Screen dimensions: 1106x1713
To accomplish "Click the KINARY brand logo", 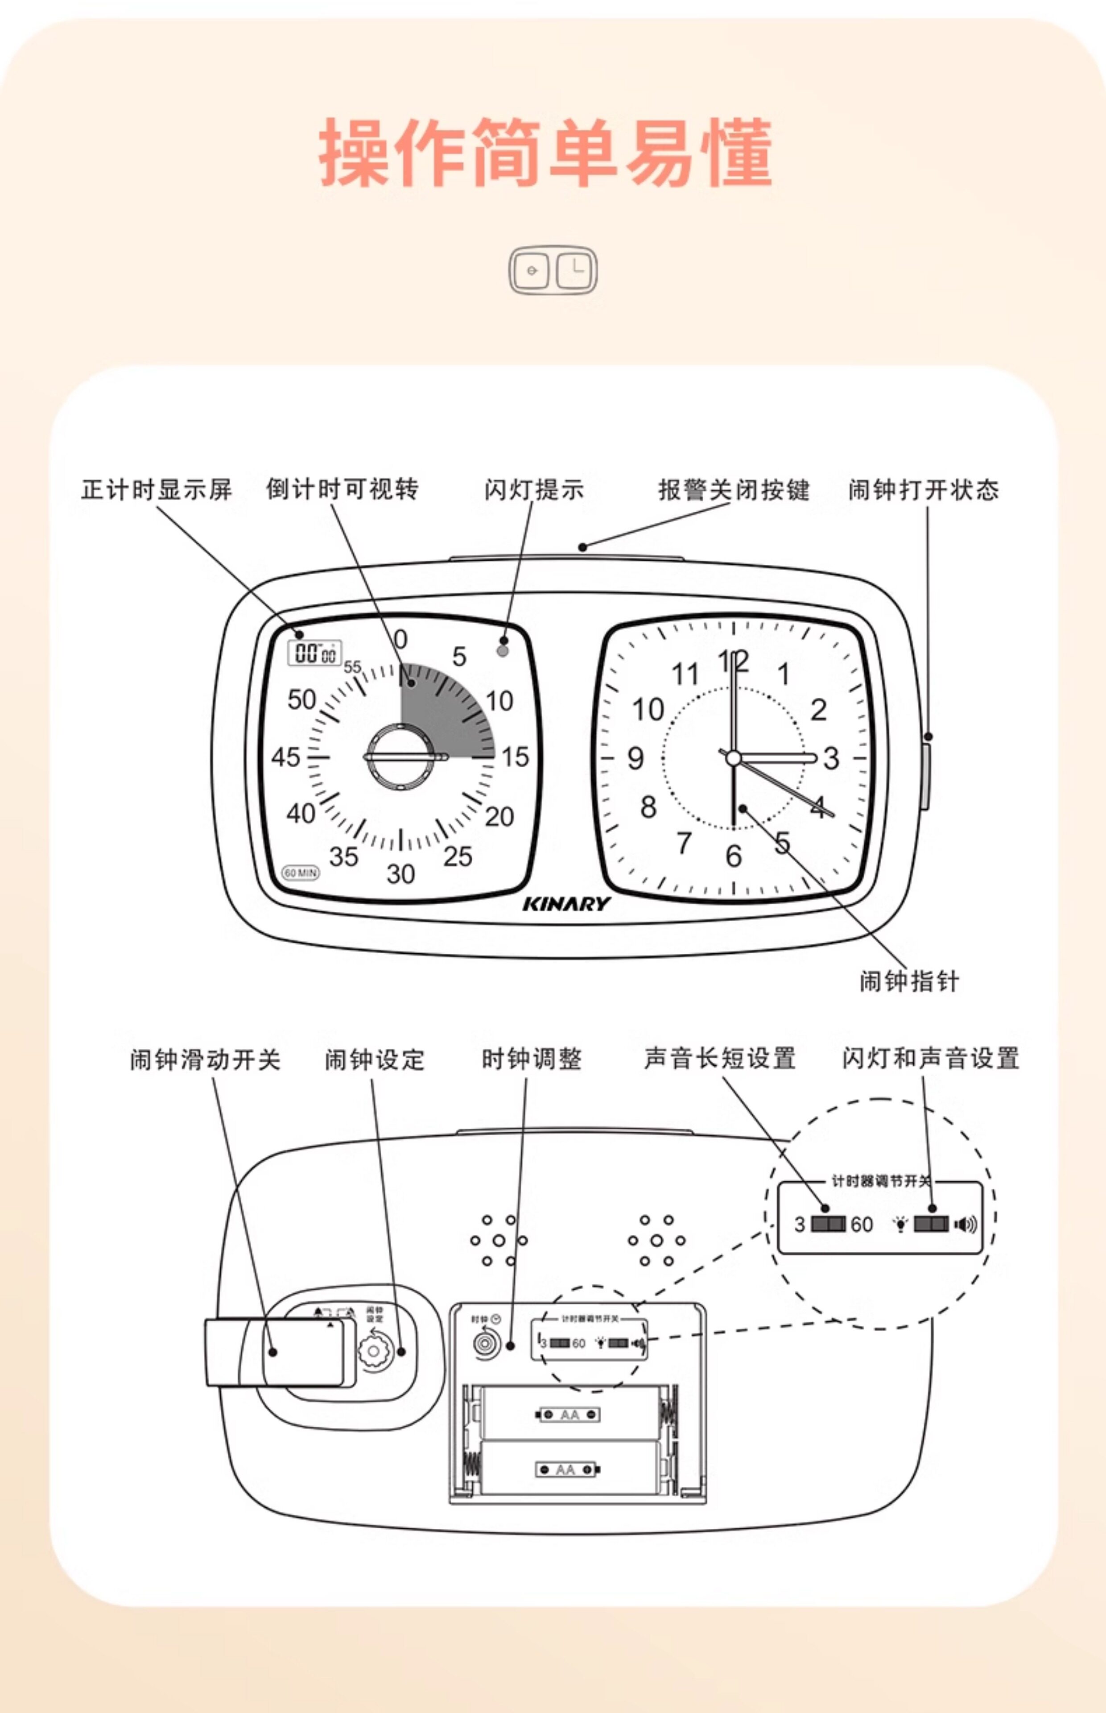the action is (567, 903).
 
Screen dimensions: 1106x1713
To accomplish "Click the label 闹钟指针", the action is (909, 981).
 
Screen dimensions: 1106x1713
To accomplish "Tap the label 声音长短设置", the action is (720, 1059).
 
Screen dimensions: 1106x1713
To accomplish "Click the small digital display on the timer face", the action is (314, 653).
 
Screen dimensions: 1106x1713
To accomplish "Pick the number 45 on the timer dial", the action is (286, 757).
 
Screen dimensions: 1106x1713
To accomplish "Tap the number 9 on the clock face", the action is (636, 758).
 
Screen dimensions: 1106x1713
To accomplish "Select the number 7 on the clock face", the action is (684, 843).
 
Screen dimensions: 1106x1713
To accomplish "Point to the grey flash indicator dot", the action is (503, 651).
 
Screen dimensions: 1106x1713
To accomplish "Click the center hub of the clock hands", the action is (733, 758).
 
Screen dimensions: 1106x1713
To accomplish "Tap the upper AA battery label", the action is (569, 1415).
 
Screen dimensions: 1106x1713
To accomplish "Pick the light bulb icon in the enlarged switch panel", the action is (900, 1225).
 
